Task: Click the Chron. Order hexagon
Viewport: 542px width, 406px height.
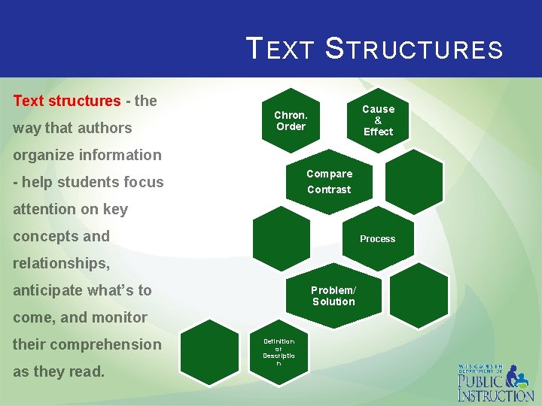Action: pos(291,121)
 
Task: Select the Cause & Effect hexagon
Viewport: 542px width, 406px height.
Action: pos(378,120)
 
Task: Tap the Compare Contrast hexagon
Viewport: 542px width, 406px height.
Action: pos(329,181)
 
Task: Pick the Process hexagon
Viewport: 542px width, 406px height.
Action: pos(377,239)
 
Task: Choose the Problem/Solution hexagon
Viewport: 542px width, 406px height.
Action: pos(333,295)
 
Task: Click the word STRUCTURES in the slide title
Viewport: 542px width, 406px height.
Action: pos(413,49)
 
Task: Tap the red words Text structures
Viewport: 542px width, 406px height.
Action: pos(67,101)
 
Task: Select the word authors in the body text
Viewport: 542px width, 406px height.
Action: pos(104,128)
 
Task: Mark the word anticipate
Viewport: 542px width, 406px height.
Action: pos(52,290)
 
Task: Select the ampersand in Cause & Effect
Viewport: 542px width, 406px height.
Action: pos(378,120)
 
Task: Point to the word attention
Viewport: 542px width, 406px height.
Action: pos(45,209)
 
